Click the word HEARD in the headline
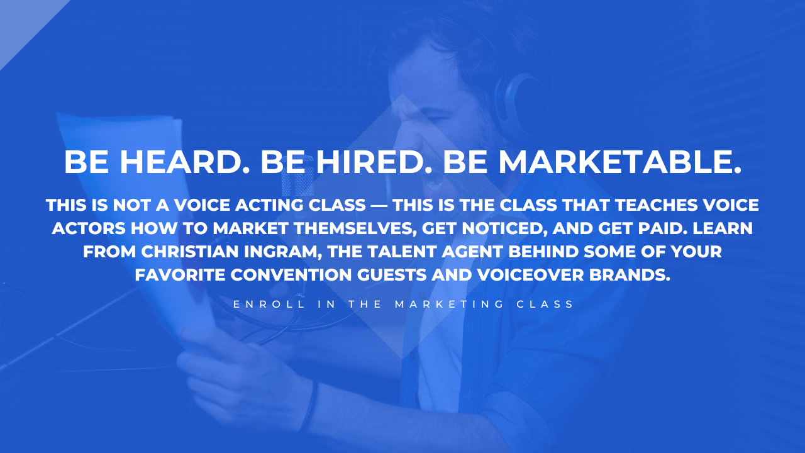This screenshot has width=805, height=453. tap(184, 162)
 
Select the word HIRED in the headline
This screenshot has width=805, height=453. tap(370, 162)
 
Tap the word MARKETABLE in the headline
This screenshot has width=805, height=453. tap(620, 162)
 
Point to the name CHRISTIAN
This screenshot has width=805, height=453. tap(190, 251)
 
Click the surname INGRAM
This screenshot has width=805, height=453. tap(283, 252)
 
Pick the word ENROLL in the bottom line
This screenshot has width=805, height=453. tap(269, 304)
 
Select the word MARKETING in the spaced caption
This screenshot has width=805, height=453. tap(449, 304)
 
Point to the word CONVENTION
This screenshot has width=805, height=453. tap(291, 275)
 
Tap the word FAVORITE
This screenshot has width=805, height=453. tap(180, 275)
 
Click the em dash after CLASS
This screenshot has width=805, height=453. tap(379, 205)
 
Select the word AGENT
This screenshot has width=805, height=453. tap(472, 251)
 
